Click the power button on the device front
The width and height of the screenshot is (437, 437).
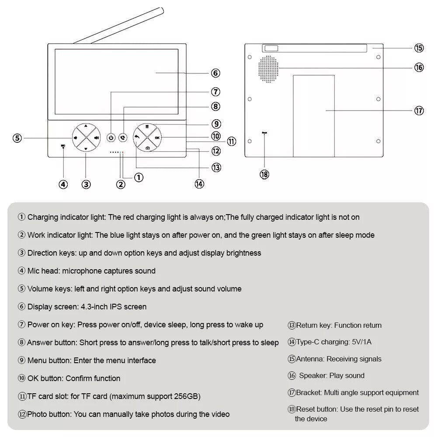(111, 138)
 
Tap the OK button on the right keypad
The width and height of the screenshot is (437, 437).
(157, 137)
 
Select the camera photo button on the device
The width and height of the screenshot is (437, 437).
(147, 148)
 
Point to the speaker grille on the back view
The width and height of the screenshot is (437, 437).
(268, 69)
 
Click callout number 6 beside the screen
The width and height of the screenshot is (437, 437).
(215, 73)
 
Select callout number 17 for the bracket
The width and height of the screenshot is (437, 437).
(419, 111)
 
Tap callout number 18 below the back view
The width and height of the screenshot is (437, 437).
(264, 174)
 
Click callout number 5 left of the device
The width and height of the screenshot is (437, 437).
(17, 138)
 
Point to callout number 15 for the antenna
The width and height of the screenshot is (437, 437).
(419, 48)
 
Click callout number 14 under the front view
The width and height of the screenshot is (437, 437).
(199, 184)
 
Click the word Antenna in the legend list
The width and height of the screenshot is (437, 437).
(310, 359)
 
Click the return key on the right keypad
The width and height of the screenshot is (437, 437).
(137, 137)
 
